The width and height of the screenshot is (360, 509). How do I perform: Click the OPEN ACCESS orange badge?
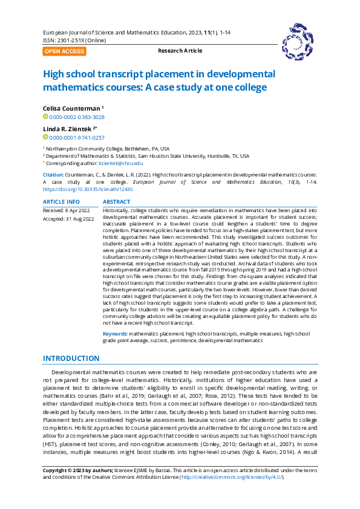coord(64,51)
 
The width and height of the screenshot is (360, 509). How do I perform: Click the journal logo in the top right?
coord(297,41)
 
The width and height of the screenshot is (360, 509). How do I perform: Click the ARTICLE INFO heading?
coord(61,202)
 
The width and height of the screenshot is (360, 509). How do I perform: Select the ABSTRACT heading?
coord(116,202)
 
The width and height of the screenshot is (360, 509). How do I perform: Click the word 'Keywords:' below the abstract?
coord(115,334)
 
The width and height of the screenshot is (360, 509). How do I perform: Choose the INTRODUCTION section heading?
coord(71,358)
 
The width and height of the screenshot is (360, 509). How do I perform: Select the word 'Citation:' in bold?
coord(53,174)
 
